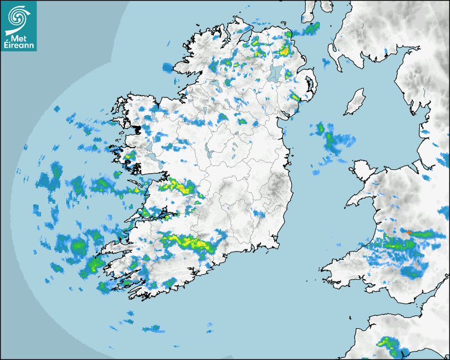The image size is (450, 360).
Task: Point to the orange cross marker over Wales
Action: coord(409,232)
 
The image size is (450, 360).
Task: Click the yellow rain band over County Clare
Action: coord(182,186)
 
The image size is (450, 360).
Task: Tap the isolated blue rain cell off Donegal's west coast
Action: coord(168,67)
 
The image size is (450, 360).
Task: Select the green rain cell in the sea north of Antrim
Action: coord(311,28)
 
